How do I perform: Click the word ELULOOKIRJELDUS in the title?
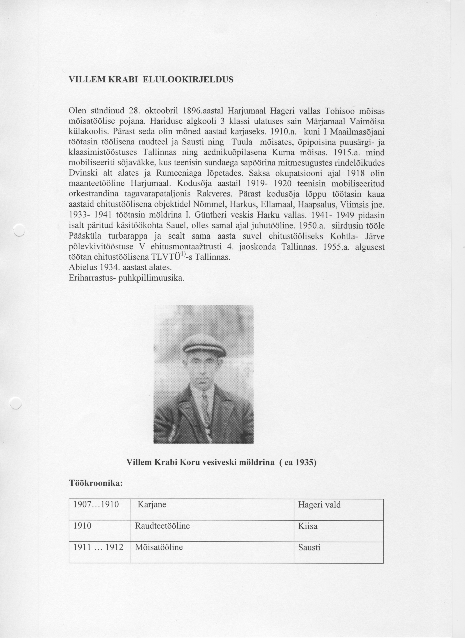[x=188, y=80]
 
